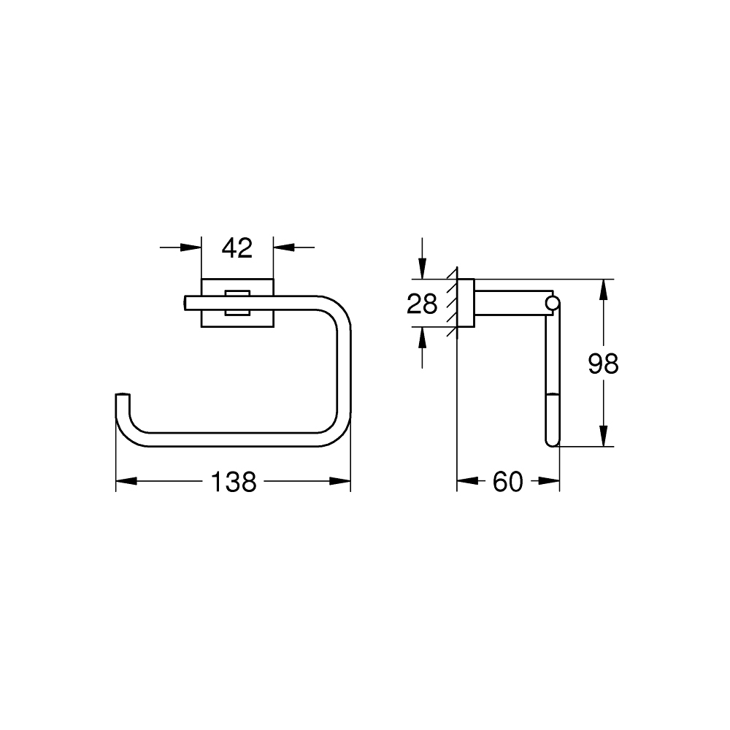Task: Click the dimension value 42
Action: click(x=237, y=248)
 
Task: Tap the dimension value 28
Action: click(x=422, y=303)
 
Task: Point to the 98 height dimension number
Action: click(x=603, y=363)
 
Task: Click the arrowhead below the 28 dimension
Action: click(x=422, y=337)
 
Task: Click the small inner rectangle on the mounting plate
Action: click(x=237, y=303)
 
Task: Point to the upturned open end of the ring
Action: click(x=122, y=398)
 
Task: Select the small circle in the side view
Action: click(x=553, y=302)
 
